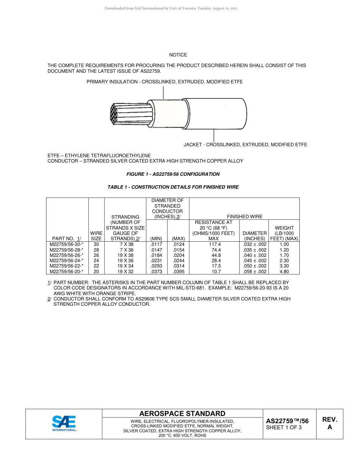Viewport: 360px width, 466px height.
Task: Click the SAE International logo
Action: (x=64, y=424)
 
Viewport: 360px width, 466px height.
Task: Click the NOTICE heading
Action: (x=178, y=55)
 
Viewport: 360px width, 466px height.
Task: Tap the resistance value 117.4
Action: (x=213, y=245)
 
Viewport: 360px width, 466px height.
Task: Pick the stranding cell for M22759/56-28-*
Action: (x=125, y=250)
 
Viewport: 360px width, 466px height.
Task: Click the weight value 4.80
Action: (x=284, y=271)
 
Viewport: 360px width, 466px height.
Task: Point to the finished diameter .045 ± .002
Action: (x=255, y=261)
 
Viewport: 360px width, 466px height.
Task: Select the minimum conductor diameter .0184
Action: (x=156, y=255)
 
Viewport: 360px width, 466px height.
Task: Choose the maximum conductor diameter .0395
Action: (x=178, y=271)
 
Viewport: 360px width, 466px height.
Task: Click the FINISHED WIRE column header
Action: (x=244, y=217)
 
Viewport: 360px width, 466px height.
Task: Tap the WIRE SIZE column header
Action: (x=96, y=236)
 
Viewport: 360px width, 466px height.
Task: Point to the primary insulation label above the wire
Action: (x=164, y=82)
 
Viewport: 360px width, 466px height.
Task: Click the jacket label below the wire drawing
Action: (x=245, y=145)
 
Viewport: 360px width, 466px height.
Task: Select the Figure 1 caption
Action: (x=173, y=174)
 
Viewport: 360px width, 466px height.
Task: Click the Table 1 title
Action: (x=173, y=187)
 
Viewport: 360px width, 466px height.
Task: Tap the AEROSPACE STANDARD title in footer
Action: (x=182, y=414)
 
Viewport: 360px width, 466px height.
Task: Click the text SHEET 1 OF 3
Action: (x=283, y=428)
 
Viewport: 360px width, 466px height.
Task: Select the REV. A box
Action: (x=329, y=424)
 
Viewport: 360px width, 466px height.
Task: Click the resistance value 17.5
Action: (x=213, y=266)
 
